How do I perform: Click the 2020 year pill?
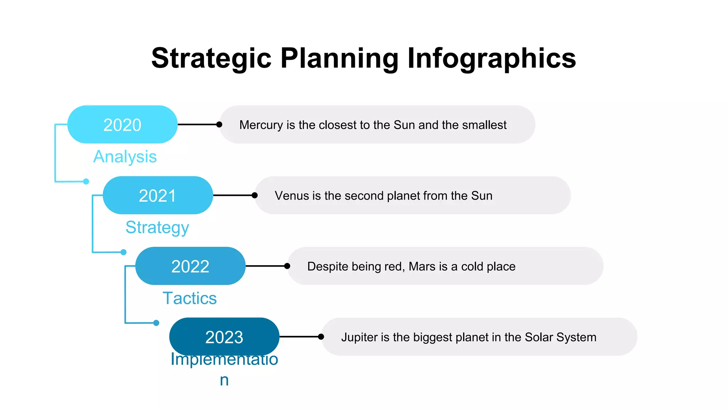coord(122,125)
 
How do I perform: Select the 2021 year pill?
coord(157,195)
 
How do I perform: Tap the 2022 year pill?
coord(190,266)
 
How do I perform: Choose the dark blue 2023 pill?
coord(224,337)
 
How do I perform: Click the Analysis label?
coord(125,157)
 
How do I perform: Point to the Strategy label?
coord(157,227)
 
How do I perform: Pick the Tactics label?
coord(189,298)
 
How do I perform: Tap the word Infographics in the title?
coord(491,58)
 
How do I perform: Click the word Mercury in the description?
coord(261,125)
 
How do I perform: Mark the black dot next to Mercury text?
coord(219,125)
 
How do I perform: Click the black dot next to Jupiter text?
coord(321,337)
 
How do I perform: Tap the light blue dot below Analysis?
coord(86,182)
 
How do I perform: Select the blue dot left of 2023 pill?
coord(156,323)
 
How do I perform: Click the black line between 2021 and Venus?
coord(233,195)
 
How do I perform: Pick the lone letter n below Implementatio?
coord(224,380)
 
